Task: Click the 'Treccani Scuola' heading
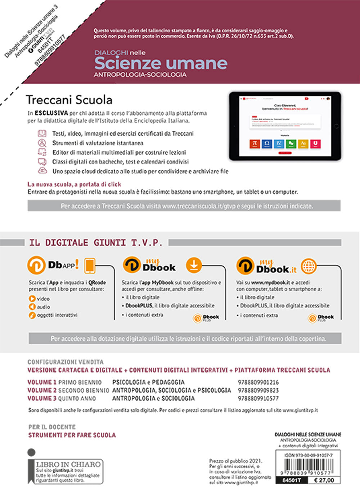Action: coord(69,100)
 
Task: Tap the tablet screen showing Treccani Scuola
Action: coord(285,126)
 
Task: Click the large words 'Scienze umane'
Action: coord(161,63)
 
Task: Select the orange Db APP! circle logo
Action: coord(36,266)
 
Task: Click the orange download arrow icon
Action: coord(194,266)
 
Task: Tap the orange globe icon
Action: coord(309,266)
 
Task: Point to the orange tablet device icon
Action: coord(89,266)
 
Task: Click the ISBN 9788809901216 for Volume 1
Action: coord(258,382)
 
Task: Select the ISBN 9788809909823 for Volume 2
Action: coord(258,390)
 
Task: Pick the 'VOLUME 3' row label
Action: coord(42,399)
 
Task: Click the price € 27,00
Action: coord(324,480)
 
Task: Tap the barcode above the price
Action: coord(308,467)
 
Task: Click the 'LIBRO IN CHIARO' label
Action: coord(68,464)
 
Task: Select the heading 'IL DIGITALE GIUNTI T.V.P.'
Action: coord(96,243)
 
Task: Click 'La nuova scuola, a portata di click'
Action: coord(74,184)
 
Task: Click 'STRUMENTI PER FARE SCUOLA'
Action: coord(72,435)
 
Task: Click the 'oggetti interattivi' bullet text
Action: coord(57,315)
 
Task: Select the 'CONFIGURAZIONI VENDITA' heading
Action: coord(66,362)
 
